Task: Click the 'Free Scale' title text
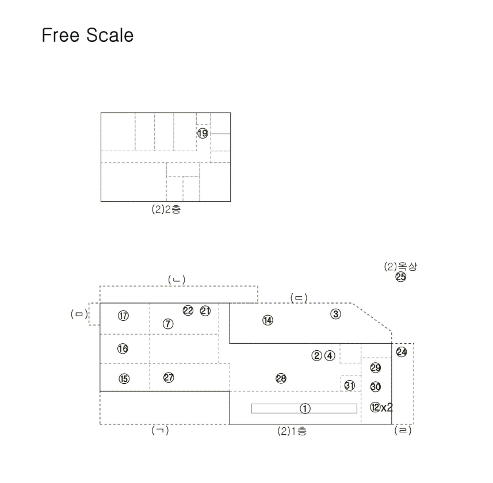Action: (87, 35)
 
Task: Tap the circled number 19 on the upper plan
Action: (203, 133)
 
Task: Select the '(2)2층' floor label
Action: (166, 209)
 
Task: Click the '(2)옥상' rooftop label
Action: (400, 266)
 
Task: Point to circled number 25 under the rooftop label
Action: (401, 277)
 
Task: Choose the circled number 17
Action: (123, 316)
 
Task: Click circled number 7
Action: (168, 324)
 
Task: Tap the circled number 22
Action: (188, 310)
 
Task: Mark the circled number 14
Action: (268, 320)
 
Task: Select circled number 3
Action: (336, 313)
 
